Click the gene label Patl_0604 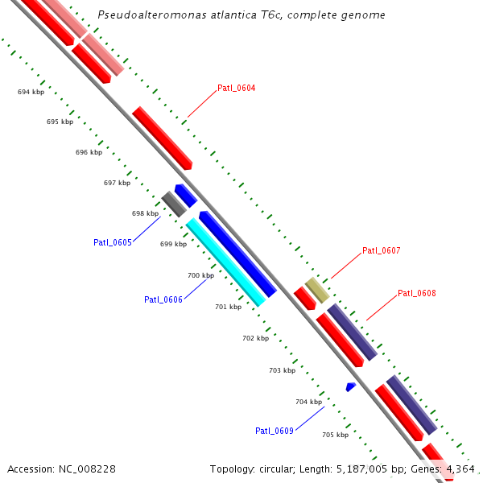coord(237,88)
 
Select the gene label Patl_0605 coord(112,242)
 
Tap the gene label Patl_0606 coord(163,299)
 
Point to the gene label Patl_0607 coord(381,250)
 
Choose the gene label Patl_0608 coord(417,293)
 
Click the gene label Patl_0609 coord(275,431)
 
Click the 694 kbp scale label coord(31,92)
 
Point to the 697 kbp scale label coord(117,183)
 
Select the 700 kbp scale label coord(200,275)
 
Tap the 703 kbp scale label coord(282,370)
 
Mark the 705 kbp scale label coord(335,435)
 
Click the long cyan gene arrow coord(225,262)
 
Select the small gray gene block coord(173,204)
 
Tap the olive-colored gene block coord(317,290)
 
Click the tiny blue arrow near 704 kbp coord(350,387)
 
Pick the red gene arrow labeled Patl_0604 coord(162,137)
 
